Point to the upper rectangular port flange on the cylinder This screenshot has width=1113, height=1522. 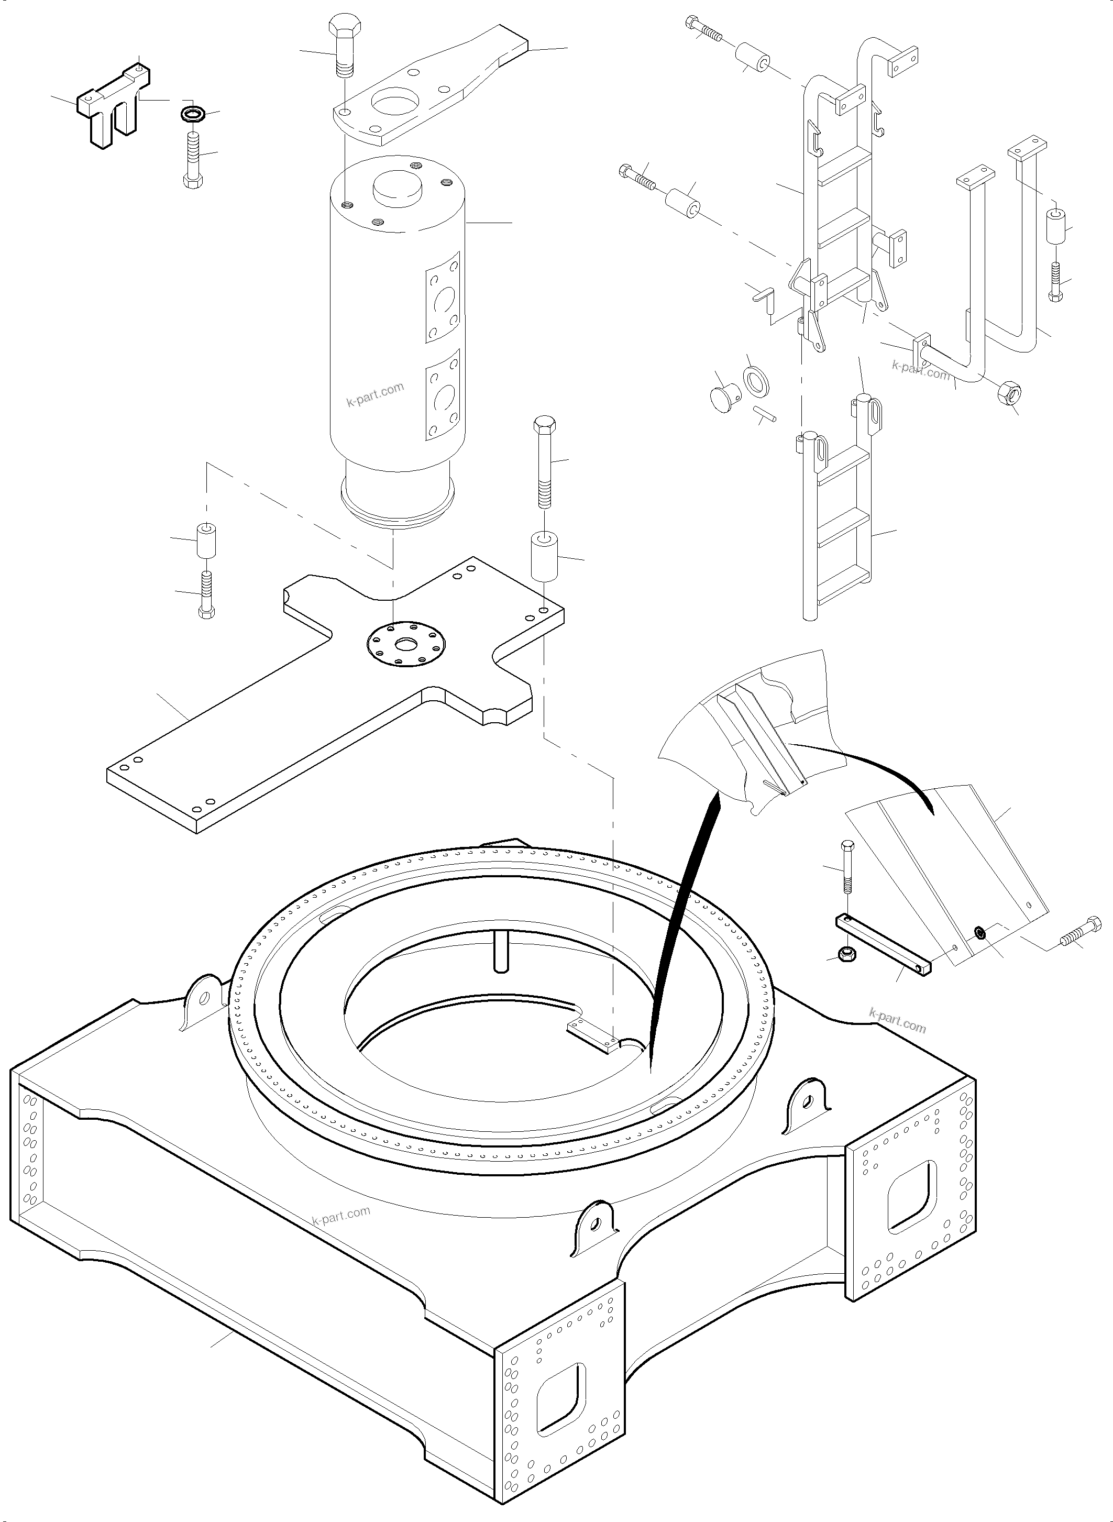click(x=443, y=297)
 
